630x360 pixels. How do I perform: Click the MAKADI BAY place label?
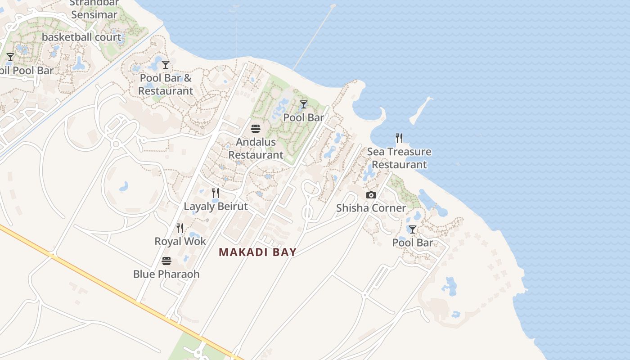tap(257, 252)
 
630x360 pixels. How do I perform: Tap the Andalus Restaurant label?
tap(256, 148)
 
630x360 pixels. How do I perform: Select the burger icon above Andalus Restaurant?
tap(256, 129)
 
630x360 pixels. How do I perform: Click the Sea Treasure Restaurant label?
tap(399, 158)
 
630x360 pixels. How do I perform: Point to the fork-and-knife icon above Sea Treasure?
tap(399, 138)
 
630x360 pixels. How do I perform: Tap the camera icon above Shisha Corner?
tap(371, 195)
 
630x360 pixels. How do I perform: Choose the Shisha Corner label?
tap(371, 208)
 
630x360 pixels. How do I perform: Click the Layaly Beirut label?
tap(216, 207)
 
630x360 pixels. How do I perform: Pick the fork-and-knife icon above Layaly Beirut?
tap(216, 193)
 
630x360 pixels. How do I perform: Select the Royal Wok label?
tap(180, 241)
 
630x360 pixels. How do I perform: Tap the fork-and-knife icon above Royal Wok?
tap(180, 228)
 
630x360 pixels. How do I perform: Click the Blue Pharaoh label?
tap(166, 274)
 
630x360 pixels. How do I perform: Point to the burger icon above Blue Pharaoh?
tap(166, 261)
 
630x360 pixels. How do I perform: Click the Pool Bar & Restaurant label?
tap(166, 84)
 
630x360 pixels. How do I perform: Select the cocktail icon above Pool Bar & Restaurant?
tap(166, 65)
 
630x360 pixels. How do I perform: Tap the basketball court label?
tap(81, 37)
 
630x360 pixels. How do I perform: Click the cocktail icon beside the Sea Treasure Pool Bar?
tap(412, 229)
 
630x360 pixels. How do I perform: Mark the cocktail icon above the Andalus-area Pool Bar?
tap(304, 104)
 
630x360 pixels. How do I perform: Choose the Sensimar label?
tap(94, 14)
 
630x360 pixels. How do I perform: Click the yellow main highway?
tap(112, 288)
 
